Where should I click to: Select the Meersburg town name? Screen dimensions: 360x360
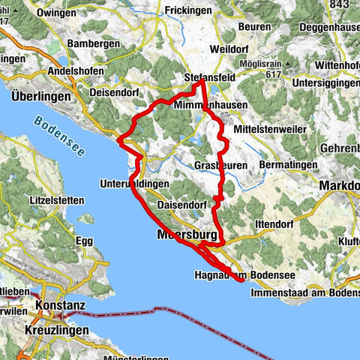(x=184, y=235)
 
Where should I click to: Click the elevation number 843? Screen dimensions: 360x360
(x=340, y=4)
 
